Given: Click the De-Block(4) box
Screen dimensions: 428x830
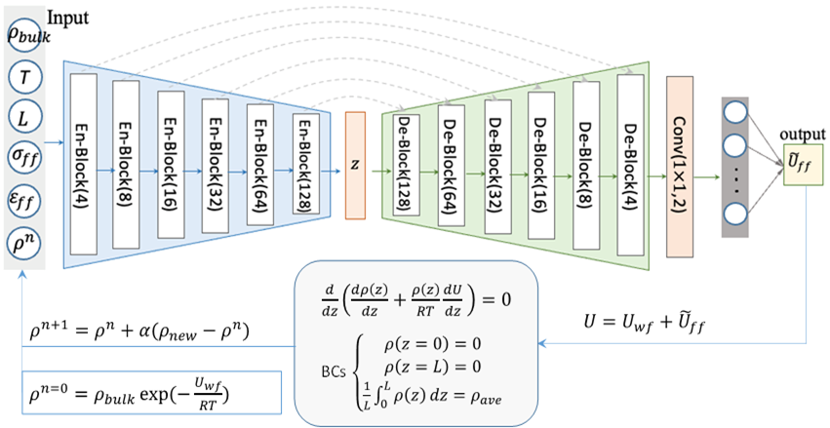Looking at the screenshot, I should coord(630,156).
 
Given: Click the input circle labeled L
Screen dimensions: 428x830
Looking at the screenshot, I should coord(23,117).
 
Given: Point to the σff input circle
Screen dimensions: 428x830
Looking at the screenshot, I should coord(23,157).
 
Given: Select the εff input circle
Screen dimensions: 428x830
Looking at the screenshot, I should coord(23,197).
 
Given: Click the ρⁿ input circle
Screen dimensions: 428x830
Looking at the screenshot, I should coord(23,237).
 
